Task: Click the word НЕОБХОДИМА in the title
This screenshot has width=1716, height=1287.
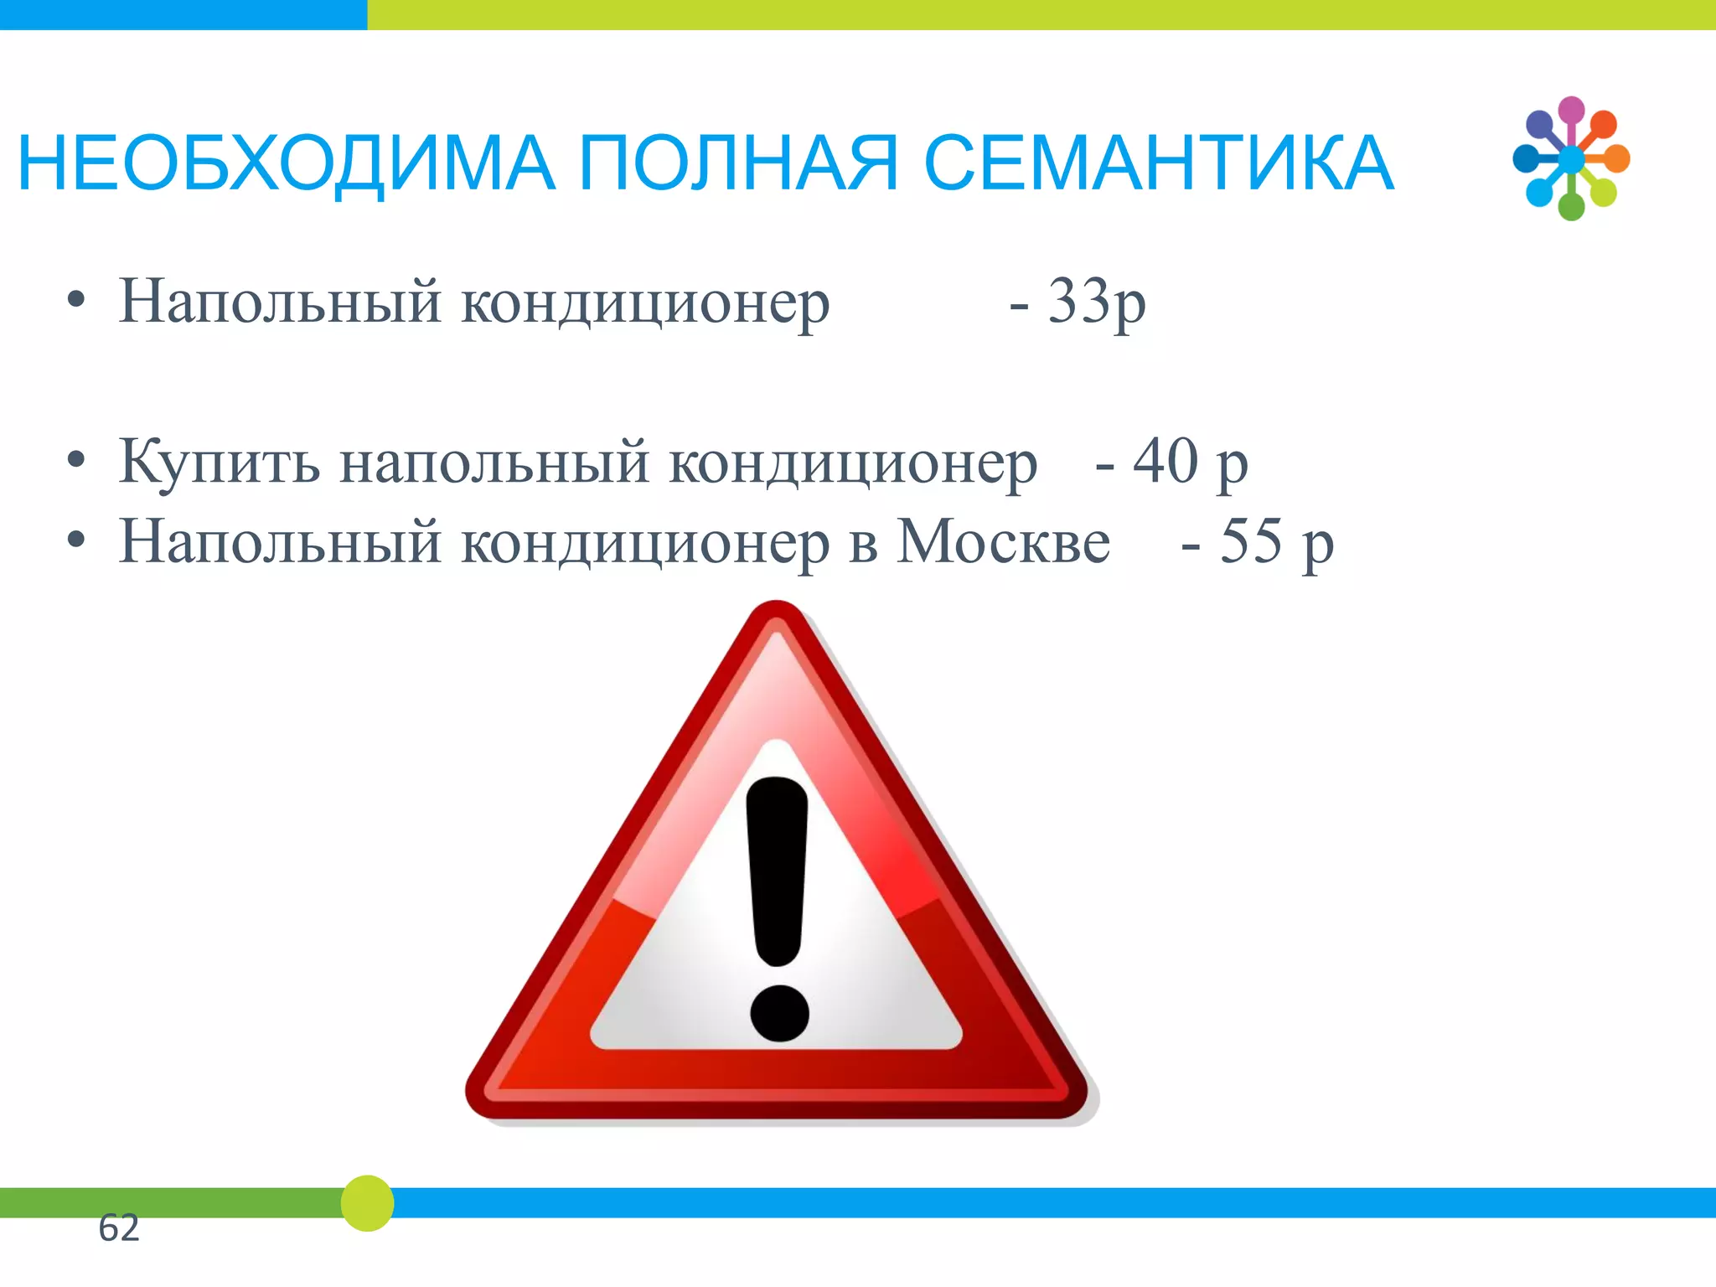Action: pos(285,163)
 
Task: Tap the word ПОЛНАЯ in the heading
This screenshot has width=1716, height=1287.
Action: pos(738,163)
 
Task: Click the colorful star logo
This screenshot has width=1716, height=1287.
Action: pos(1571,158)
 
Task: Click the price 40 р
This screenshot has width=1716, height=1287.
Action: pos(1190,462)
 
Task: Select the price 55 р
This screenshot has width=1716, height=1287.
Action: pos(1276,542)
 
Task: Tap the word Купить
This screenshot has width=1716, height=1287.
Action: pos(220,462)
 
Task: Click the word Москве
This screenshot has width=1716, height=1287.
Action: pos(1003,542)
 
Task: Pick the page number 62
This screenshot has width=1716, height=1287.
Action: pos(118,1228)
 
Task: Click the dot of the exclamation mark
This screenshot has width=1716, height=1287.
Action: pos(779,1013)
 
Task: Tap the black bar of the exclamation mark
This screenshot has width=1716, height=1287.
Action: pos(777,871)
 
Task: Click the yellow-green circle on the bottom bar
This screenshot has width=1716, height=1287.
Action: pos(367,1203)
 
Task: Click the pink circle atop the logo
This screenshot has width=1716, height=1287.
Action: pos(1571,110)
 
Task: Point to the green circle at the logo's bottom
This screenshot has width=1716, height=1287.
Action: pos(1571,206)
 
